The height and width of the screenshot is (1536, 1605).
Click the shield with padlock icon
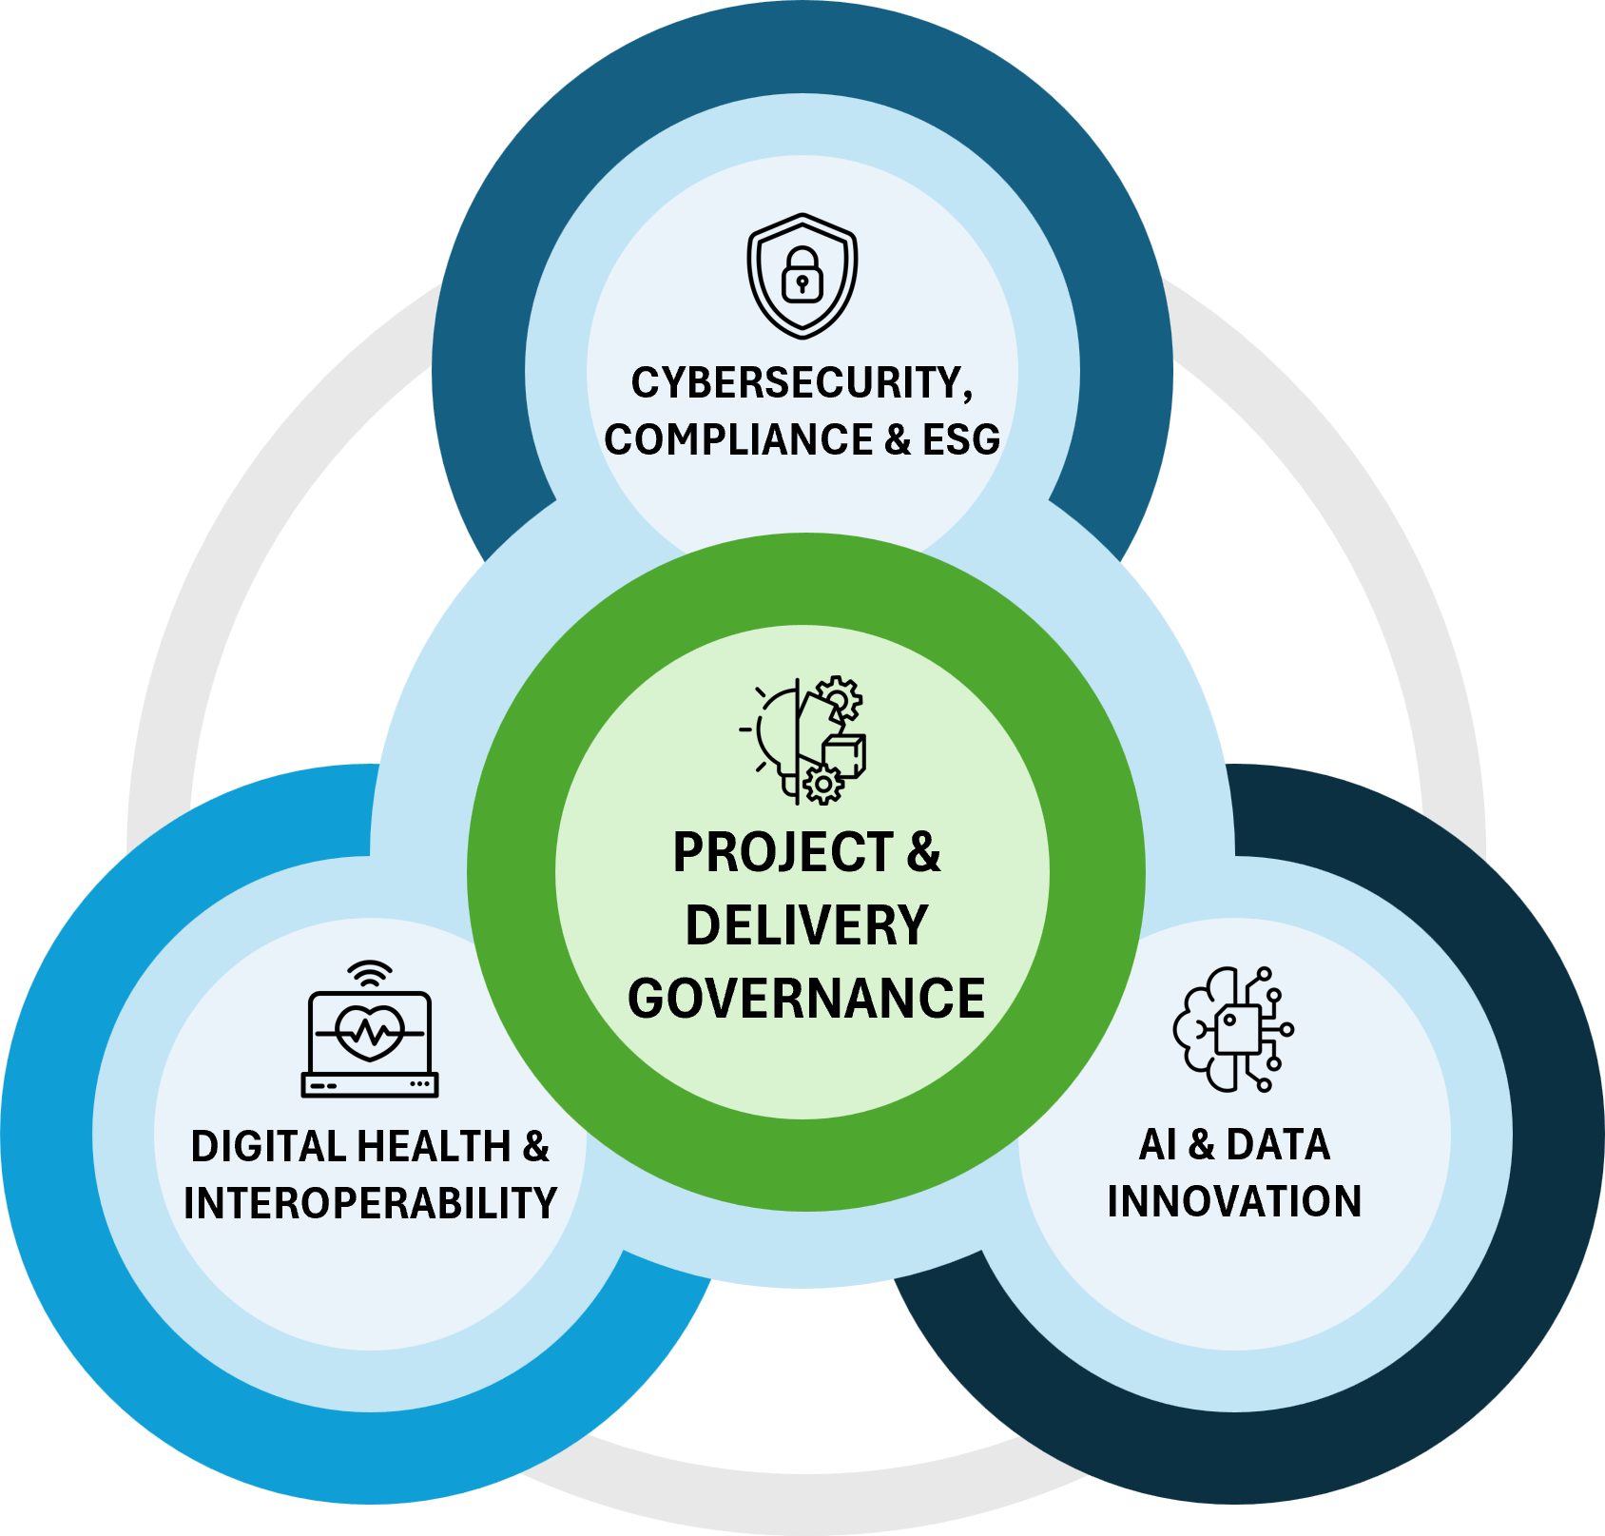802,276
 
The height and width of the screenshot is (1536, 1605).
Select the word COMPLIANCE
738,440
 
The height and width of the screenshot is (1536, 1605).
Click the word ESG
960,440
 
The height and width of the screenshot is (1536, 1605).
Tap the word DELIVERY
806,925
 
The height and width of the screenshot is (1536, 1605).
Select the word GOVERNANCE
806,999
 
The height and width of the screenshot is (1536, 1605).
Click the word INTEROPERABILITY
370,1204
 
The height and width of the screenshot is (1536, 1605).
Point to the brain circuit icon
1233,1029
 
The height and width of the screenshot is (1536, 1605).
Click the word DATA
1278,1145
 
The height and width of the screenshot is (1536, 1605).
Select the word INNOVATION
1234,1201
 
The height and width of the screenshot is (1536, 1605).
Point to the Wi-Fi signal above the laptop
370,974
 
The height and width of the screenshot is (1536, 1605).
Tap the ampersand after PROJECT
922,852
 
